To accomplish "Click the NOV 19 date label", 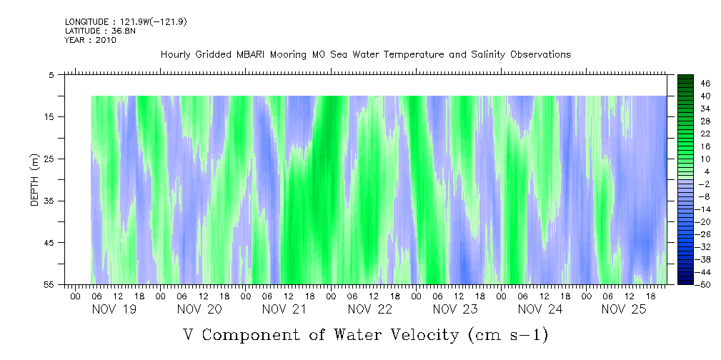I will coord(114,309).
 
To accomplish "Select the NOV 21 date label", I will coord(284,309).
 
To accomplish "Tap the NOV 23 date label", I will coord(455,309).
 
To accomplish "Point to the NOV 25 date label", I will coord(625,309).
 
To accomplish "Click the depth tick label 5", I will coord(52,74).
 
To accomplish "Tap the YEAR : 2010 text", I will coord(90,40).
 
